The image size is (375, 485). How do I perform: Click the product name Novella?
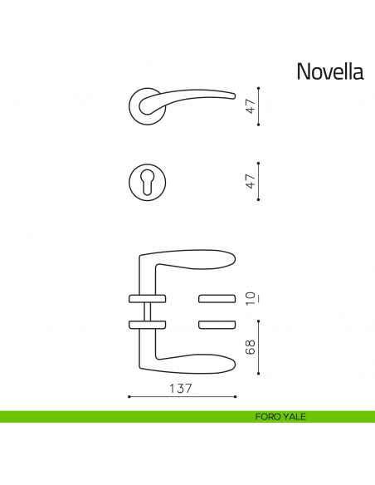pos(329,72)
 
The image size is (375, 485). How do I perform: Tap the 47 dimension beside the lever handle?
pos(251,106)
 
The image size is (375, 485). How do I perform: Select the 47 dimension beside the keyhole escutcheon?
pos(251,181)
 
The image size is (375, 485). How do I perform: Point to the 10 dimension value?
pos(251,297)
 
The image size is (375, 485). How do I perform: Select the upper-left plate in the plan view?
pos(147,297)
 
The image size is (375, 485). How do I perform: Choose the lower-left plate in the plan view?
pos(147,323)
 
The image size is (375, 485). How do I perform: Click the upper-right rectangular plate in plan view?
pos(218,297)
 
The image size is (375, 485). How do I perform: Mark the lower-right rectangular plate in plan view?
pos(218,323)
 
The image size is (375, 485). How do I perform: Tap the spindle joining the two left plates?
pos(147,311)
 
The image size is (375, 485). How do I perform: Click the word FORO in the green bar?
pos(268,417)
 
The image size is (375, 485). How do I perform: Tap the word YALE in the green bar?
pos(294,417)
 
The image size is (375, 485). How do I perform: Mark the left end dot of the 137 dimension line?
pos(129,398)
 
